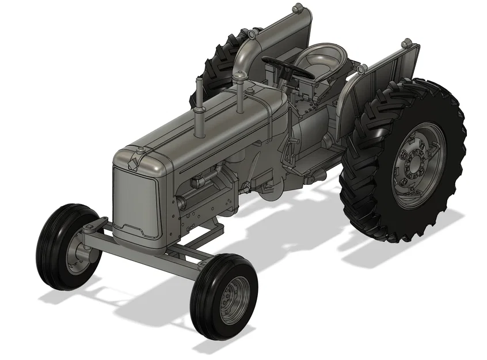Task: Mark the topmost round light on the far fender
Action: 298,8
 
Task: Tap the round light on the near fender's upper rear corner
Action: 408,43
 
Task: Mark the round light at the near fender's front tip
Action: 362,69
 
